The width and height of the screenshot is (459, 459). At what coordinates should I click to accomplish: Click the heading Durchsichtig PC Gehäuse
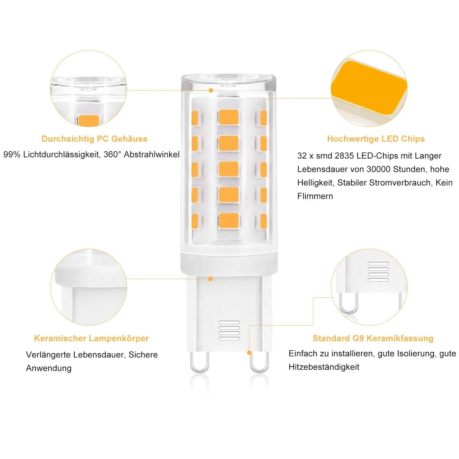pyautogui.click(x=95, y=139)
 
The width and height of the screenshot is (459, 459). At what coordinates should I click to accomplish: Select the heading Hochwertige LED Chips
pyautogui.click(x=376, y=139)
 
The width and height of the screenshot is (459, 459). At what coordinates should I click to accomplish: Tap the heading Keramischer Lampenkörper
pyautogui.click(x=91, y=338)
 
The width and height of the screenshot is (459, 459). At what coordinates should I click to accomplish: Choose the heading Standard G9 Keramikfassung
pyautogui.click(x=373, y=338)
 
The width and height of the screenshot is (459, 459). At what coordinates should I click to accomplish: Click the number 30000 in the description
pyautogui.click(x=380, y=169)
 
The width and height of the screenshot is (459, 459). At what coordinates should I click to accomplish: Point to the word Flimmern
pyautogui.click(x=315, y=196)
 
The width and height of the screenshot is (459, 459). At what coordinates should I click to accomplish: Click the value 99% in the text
pyautogui.click(x=12, y=155)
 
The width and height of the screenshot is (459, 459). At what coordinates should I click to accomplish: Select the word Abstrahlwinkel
pyautogui.click(x=152, y=155)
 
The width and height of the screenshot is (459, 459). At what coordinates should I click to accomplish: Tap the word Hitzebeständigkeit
pyautogui.click(x=324, y=367)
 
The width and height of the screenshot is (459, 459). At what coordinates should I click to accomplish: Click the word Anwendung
pyautogui.click(x=49, y=368)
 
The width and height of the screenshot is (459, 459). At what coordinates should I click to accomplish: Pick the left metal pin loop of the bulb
pyautogui.click(x=199, y=362)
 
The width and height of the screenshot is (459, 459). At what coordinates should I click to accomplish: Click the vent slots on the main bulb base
pyautogui.click(x=229, y=330)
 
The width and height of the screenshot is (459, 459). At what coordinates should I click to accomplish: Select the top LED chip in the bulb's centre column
pyautogui.click(x=229, y=117)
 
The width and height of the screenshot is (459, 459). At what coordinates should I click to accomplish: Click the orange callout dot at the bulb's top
pyautogui.click(x=211, y=91)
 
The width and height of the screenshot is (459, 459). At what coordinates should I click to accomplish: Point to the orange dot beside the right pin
pyautogui.click(x=249, y=353)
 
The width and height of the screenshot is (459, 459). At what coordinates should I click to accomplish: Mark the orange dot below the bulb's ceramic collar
pyautogui.click(x=210, y=279)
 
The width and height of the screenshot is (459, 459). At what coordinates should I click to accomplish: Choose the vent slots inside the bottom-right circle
pyautogui.click(x=378, y=272)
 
